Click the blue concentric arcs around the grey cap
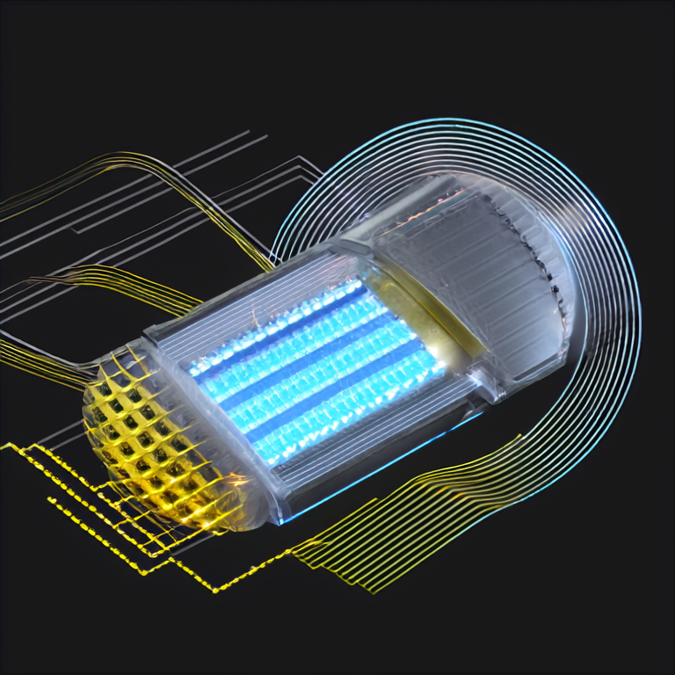click(x=606, y=290)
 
